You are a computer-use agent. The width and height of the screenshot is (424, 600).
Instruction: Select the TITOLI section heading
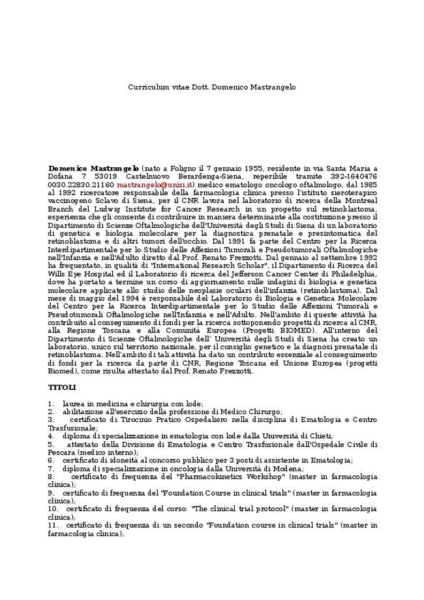tap(61, 387)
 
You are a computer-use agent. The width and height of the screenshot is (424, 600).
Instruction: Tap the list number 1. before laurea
tap(51, 403)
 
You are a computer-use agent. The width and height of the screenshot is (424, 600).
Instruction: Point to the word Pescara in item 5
tap(61, 452)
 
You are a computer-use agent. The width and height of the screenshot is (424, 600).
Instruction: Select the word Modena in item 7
tap(289, 469)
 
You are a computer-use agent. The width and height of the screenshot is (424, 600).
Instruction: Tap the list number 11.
tap(53, 525)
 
